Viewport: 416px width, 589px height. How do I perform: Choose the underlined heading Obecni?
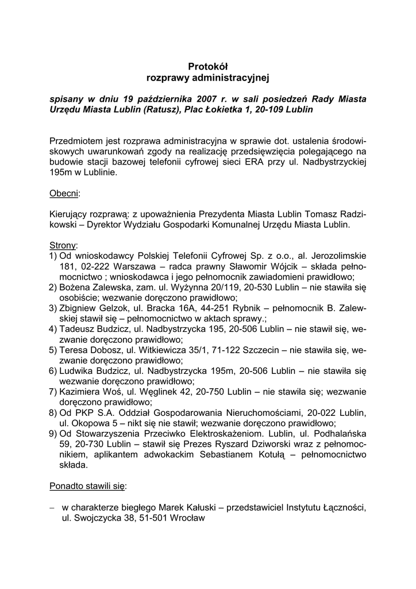pyautogui.click(x=65, y=193)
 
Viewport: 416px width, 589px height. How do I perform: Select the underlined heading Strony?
pyautogui.click(x=63, y=245)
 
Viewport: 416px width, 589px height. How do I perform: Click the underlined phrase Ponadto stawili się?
pyautogui.click(x=87, y=485)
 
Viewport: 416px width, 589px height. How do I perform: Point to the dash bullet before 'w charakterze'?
pyautogui.click(x=52, y=507)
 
